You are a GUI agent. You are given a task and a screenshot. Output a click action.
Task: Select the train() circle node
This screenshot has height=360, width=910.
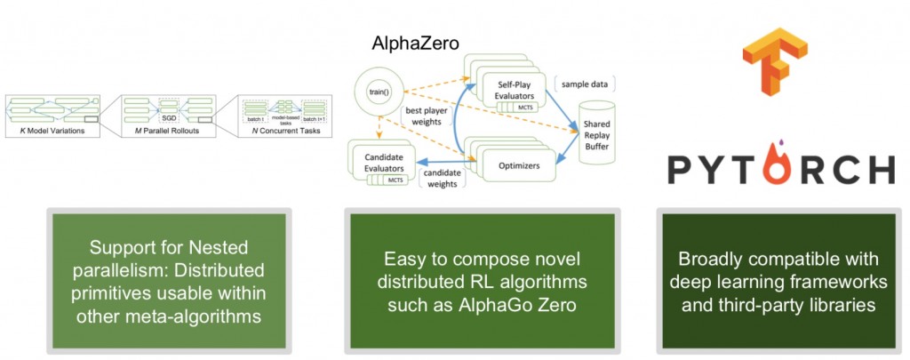[x=372, y=92]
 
